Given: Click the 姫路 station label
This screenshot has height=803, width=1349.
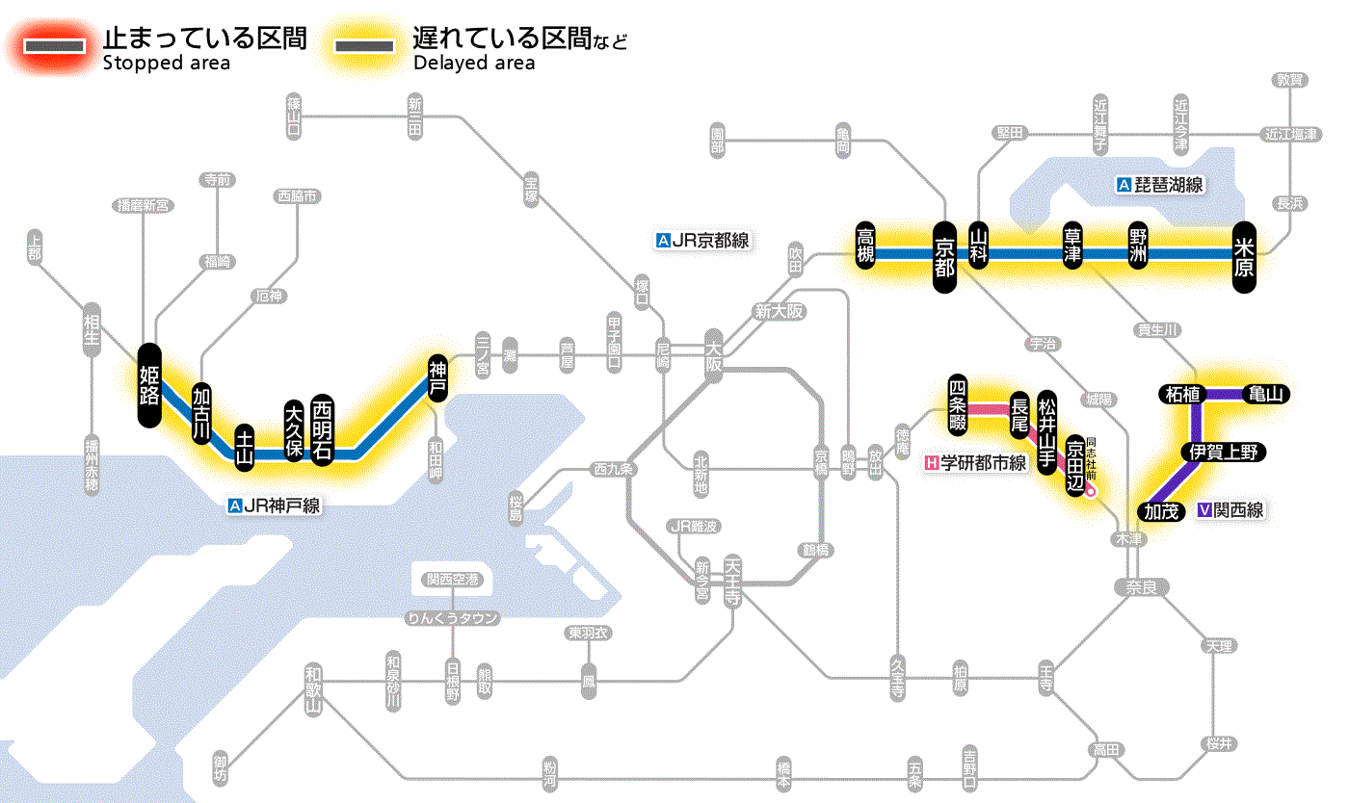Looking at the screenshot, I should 148,385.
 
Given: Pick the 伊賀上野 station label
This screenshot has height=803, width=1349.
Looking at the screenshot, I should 1225,453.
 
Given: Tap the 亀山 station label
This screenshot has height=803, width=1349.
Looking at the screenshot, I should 1268,394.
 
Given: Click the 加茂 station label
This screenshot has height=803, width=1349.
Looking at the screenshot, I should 1163,511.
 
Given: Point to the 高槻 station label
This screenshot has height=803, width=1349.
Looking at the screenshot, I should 865,247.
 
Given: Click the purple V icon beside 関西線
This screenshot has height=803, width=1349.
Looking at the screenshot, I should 1204,510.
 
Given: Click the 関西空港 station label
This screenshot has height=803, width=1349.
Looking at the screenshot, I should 452,580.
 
